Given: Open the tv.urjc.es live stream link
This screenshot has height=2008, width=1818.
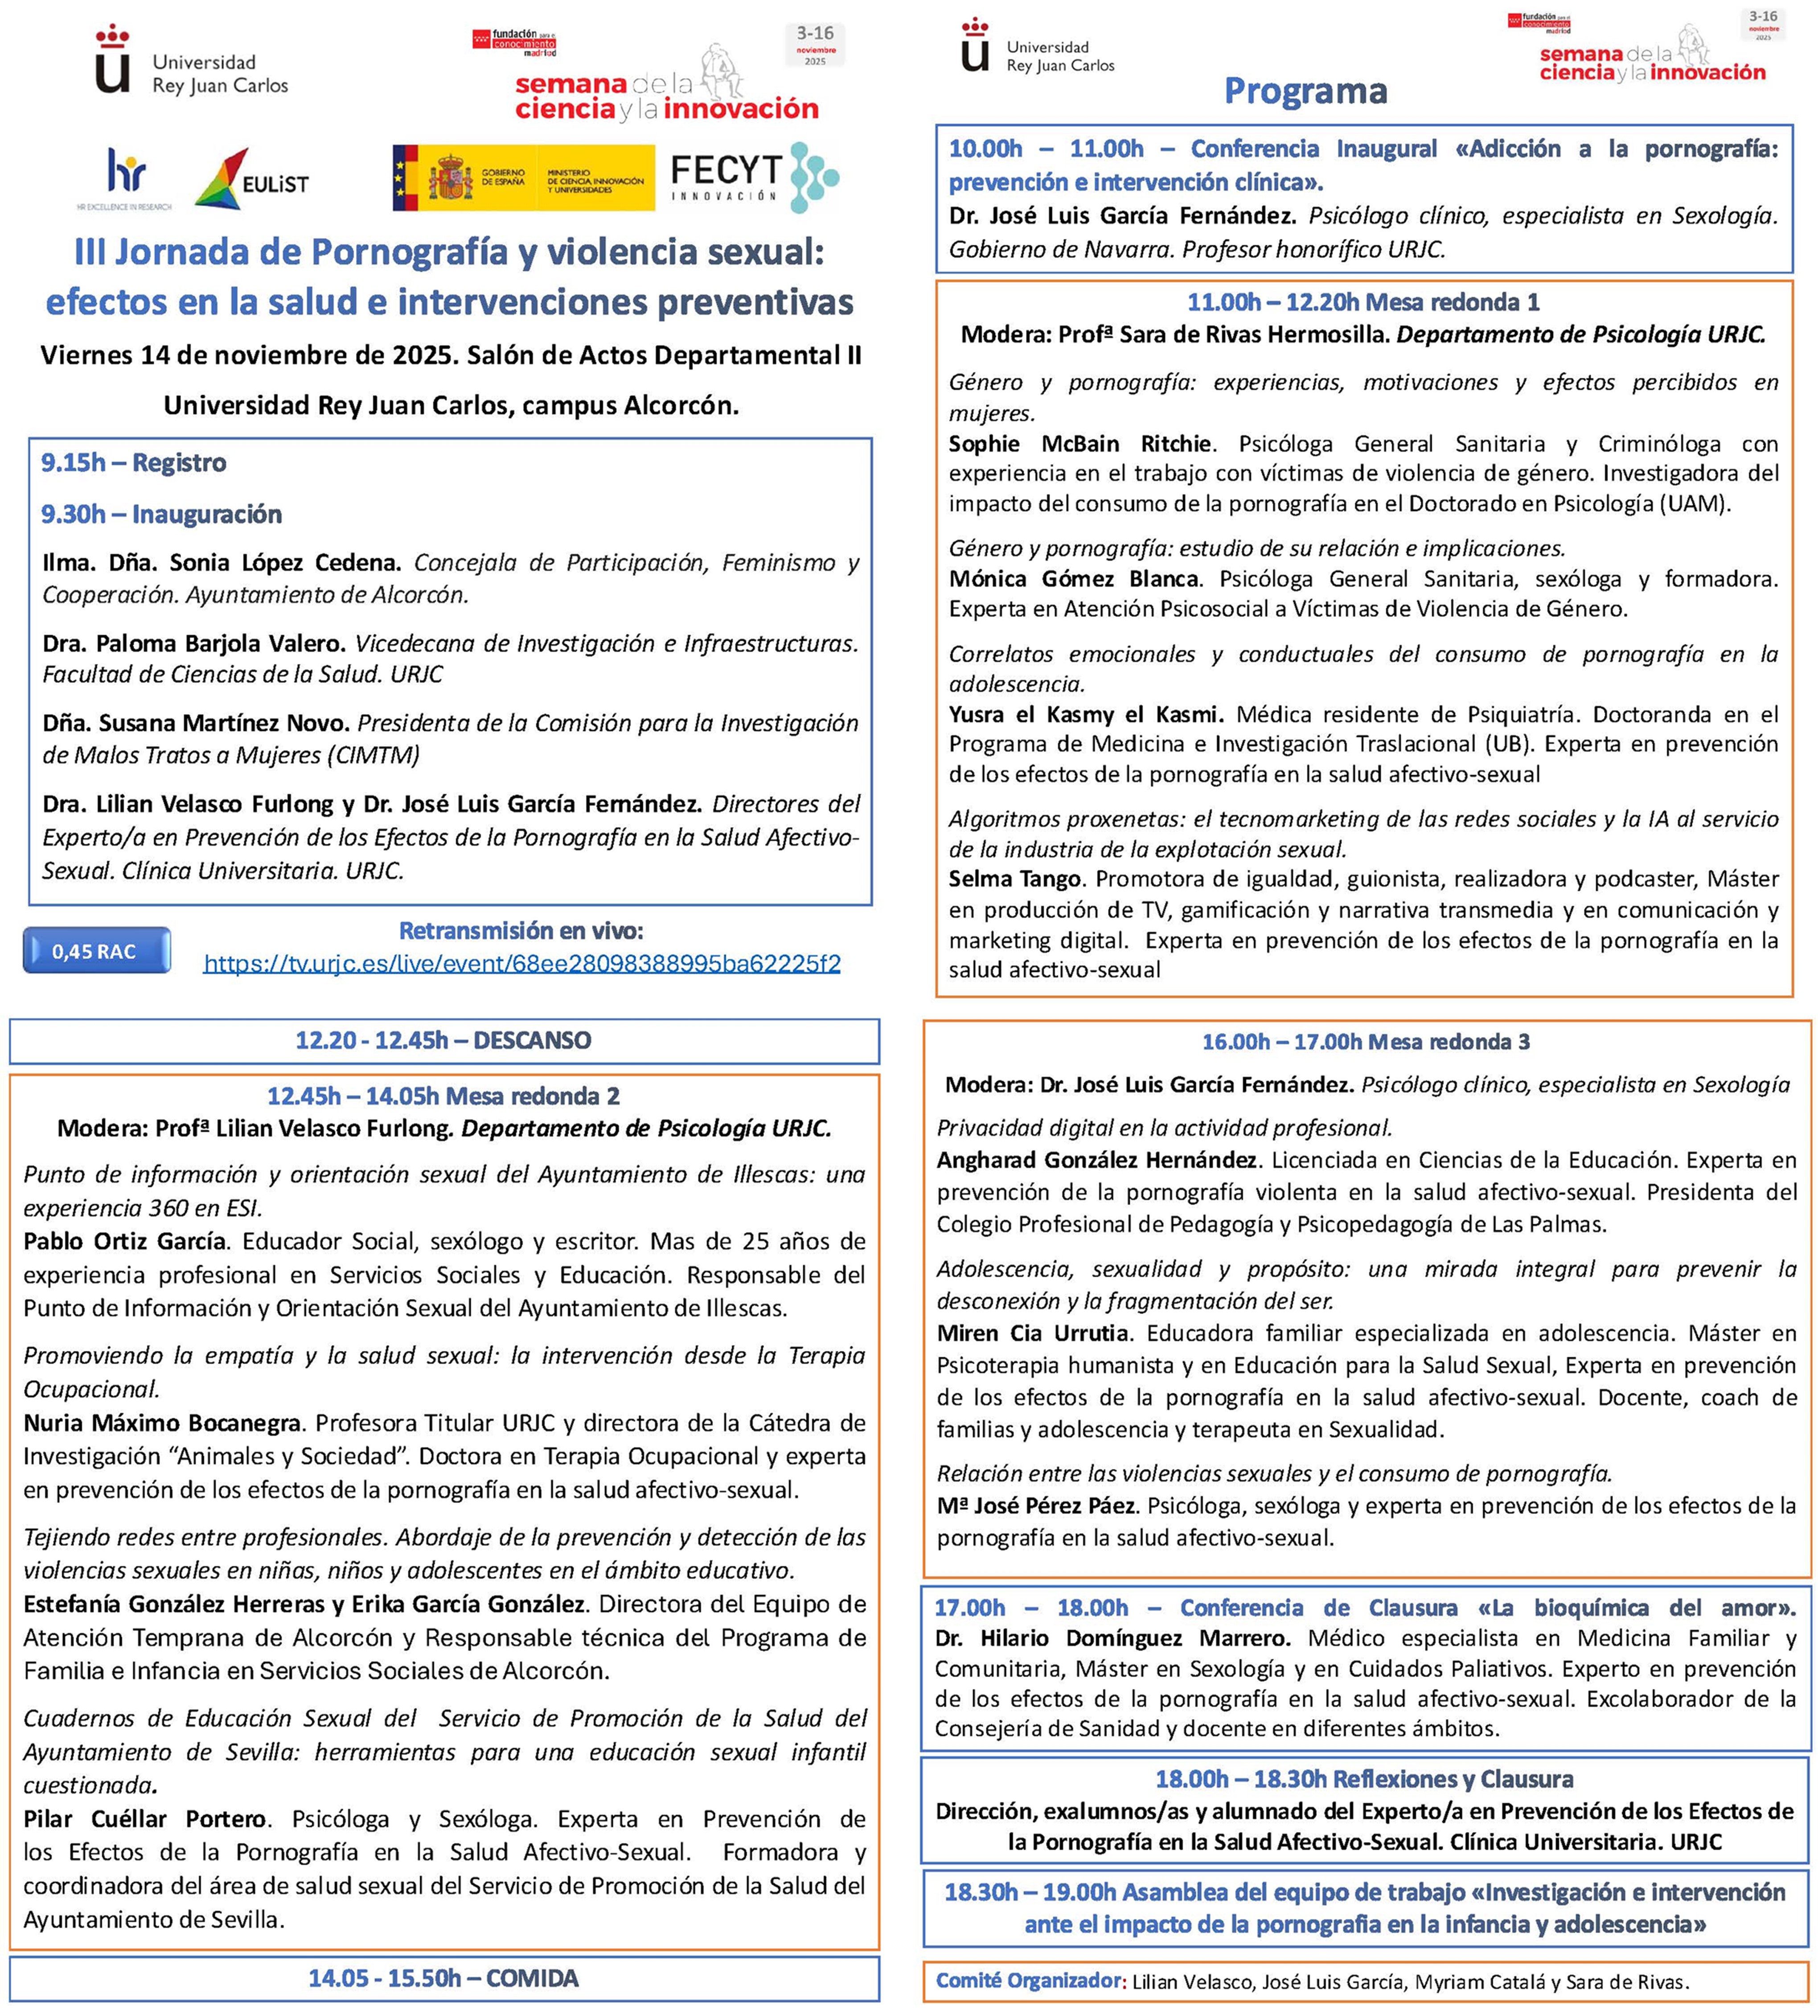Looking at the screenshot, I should click(522, 963).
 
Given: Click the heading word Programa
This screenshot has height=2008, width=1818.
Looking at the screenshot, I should click(1305, 91).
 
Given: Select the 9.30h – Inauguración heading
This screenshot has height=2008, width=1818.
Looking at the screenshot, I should click(161, 514).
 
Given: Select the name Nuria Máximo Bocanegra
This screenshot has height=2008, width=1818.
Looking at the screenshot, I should click(162, 1422).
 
